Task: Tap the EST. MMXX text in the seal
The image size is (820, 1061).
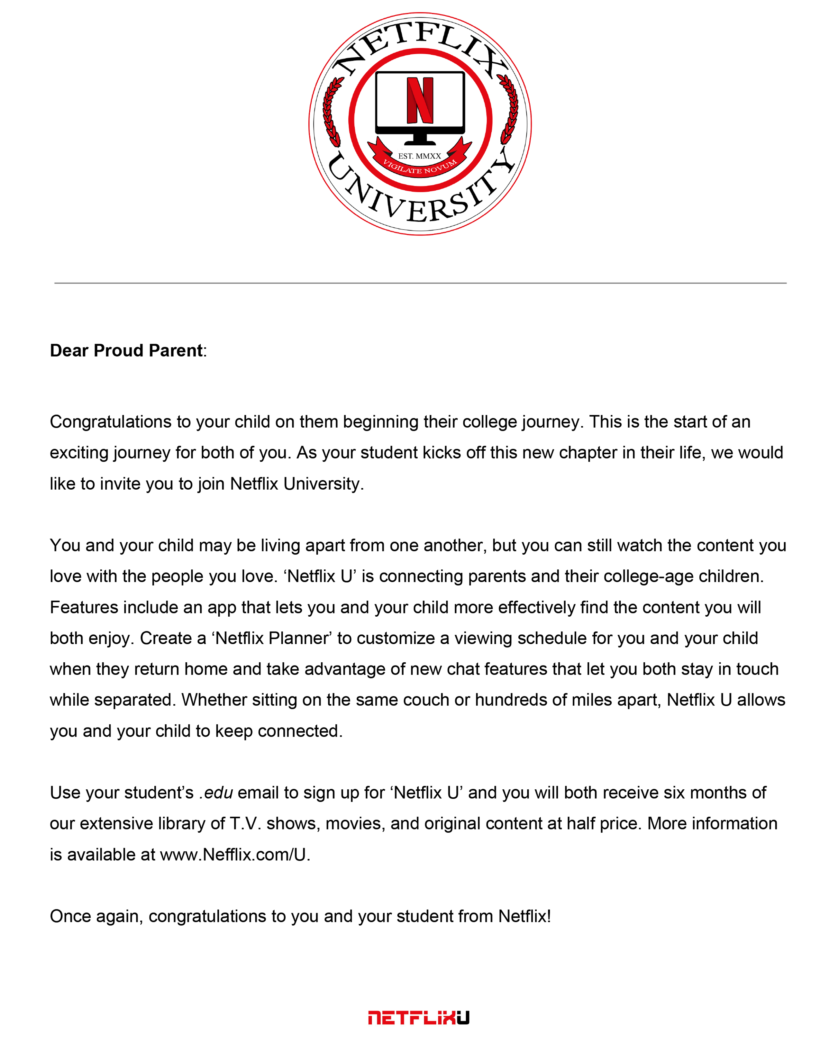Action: pyautogui.click(x=420, y=156)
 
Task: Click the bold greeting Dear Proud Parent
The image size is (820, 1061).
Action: pyautogui.click(x=126, y=350)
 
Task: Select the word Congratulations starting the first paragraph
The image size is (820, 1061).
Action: pyautogui.click(x=110, y=422)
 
